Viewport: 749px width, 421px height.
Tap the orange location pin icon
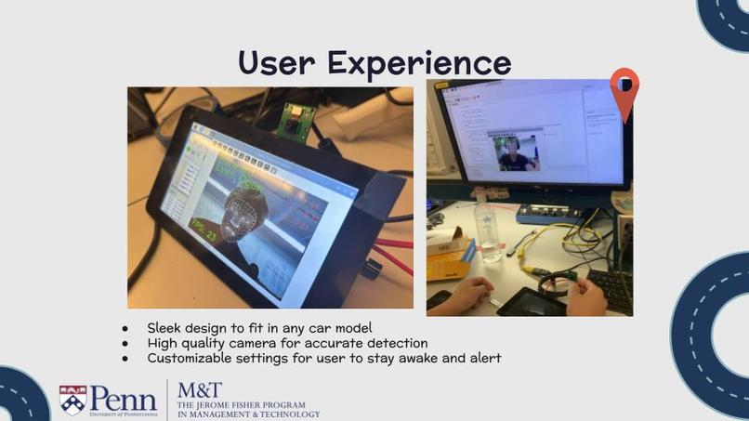[x=624, y=91]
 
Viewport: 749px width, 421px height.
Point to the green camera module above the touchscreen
[x=298, y=119]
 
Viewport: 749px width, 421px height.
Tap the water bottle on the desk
[x=488, y=231]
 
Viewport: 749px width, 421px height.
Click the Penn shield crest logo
[x=72, y=400]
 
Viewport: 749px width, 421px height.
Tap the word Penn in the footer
[x=123, y=400]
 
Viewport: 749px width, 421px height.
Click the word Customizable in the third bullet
[x=190, y=358]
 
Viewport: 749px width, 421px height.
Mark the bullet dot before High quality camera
[x=125, y=343]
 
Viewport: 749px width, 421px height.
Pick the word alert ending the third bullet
[x=483, y=358]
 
